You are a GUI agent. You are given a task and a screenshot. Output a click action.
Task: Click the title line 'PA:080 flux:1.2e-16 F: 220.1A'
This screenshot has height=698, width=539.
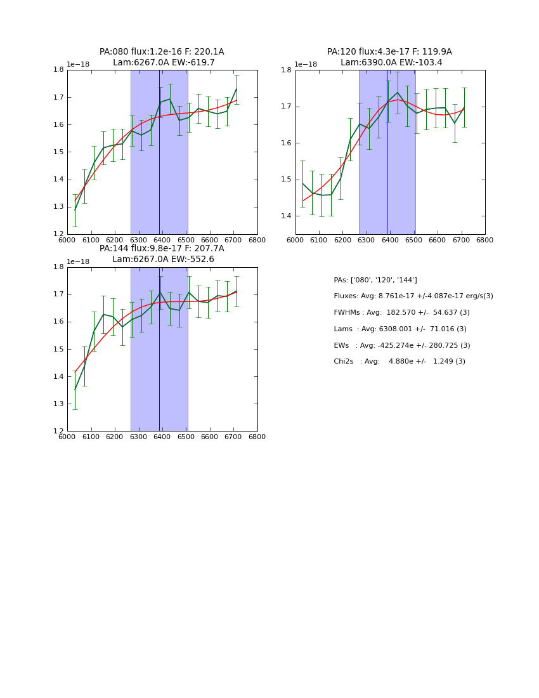(x=162, y=52)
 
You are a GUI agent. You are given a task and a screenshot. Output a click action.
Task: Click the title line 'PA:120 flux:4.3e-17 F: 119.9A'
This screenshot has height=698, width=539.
(x=389, y=52)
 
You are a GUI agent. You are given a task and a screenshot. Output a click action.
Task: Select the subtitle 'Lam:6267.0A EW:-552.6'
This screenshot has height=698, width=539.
(x=163, y=259)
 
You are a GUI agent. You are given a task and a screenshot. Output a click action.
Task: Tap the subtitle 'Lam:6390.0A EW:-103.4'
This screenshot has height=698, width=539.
(x=391, y=62)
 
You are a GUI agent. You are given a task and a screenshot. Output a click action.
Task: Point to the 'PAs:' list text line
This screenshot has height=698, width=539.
(x=375, y=280)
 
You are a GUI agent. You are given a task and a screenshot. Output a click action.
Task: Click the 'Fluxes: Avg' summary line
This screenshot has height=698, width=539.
(x=413, y=296)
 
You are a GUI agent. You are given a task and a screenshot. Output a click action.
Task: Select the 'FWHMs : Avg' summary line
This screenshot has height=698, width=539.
(x=401, y=313)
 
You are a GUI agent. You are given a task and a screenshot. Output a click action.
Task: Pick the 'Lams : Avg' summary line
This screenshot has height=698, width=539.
(x=400, y=329)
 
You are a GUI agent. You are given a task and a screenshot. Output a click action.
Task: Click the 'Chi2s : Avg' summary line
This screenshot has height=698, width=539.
(x=399, y=362)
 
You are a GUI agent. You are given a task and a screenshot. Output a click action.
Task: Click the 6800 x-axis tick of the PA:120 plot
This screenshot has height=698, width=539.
(x=484, y=240)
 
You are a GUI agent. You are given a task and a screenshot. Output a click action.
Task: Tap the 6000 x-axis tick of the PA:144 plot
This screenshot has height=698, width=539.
(x=67, y=437)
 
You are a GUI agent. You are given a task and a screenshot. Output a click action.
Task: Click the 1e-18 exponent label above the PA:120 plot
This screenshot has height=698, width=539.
(x=306, y=65)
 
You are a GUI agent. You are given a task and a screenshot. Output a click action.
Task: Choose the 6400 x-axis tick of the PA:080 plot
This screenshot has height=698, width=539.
(x=162, y=240)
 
